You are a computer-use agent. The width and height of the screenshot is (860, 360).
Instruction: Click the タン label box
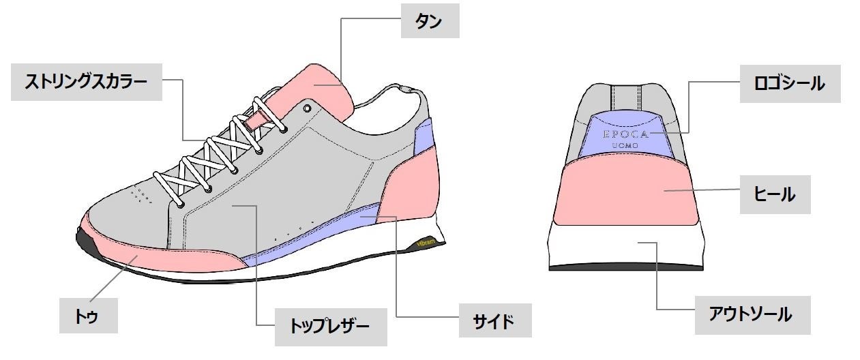coord(429,21)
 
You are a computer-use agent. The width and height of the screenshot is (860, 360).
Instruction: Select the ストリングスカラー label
coord(86,82)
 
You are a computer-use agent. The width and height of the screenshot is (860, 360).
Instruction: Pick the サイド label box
coord(494,320)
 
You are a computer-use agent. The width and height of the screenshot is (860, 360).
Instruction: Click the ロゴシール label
coord(789,84)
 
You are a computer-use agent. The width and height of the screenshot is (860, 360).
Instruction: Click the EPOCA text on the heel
coord(625,134)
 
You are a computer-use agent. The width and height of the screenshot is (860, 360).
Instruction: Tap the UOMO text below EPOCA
coord(625,147)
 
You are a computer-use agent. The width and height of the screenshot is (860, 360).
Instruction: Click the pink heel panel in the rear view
coord(625,191)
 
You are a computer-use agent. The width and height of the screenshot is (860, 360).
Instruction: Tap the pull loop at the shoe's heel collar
coord(404,88)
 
